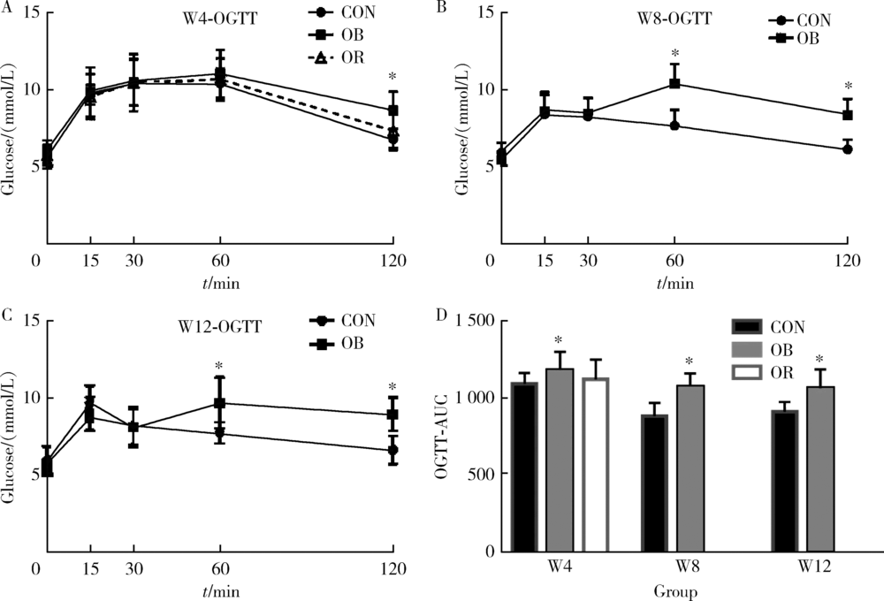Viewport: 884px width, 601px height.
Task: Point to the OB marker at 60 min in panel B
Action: pos(674,83)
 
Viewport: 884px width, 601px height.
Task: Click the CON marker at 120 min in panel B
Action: pos(848,149)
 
